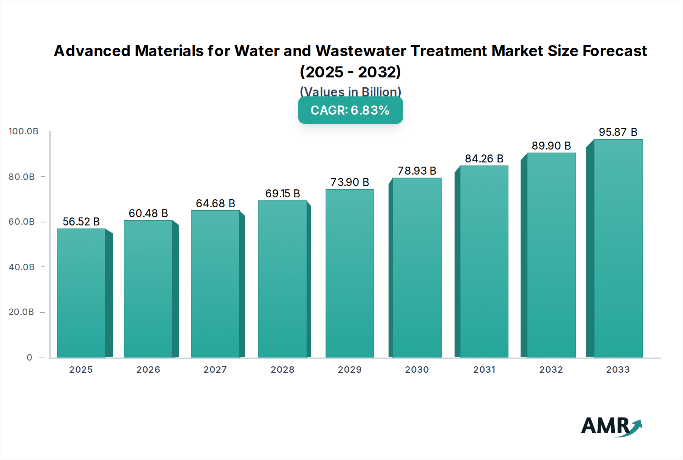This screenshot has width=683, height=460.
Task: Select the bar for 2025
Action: pyautogui.click(x=81, y=293)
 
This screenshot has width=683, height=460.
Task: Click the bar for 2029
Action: pyautogui.click(x=349, y=273)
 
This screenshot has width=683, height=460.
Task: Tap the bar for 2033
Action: pyautogui.click(x=618, y=249)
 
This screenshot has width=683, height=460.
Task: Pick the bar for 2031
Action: pyautogui.click(x=484, y=262)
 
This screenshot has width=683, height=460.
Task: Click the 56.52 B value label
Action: pyautogui.click(x=81, y=222)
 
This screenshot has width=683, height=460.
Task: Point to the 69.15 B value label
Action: pyautogui.click(x=282, y=194)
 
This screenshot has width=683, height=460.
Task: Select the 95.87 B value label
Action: pyautogui.click(x=618, y=132)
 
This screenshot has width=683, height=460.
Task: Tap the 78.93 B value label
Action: pyautogui.click(x=417, y=171)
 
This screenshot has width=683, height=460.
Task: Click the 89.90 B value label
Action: pyautogui.click(x=551, y=146)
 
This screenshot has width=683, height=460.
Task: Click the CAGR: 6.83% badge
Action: pyautogui.click(x=350, y=110)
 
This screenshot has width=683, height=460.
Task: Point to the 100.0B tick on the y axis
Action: pyautogui.click(x=24, y=131)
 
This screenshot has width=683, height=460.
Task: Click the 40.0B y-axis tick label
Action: pyautogui.click(x=22, y=267)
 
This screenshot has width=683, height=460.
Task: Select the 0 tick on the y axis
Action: pyautogui.click(x=29, y=358)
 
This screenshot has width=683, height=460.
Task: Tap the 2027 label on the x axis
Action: pyautogui.click(x=215, y=370)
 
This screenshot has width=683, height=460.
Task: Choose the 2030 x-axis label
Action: pyautogui.click(x=417, y=370)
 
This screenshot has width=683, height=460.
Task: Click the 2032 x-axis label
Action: pyautogui.click(x=551, y=370)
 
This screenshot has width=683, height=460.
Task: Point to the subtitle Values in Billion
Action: pyautogui.click(x=350, y=91)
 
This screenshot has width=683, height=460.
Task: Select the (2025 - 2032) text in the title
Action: pyautogui.click(x=350, y=72)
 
